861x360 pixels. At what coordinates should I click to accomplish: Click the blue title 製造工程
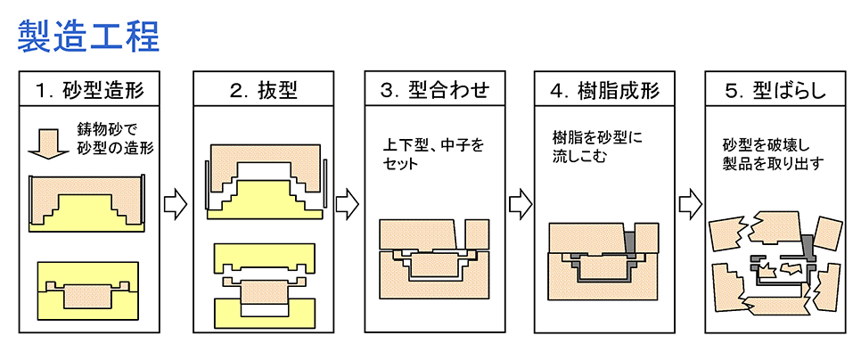tap(88, 35)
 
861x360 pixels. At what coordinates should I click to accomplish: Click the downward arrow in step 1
tap(44, 142)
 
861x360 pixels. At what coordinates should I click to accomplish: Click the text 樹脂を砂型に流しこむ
tap(598, 148)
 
